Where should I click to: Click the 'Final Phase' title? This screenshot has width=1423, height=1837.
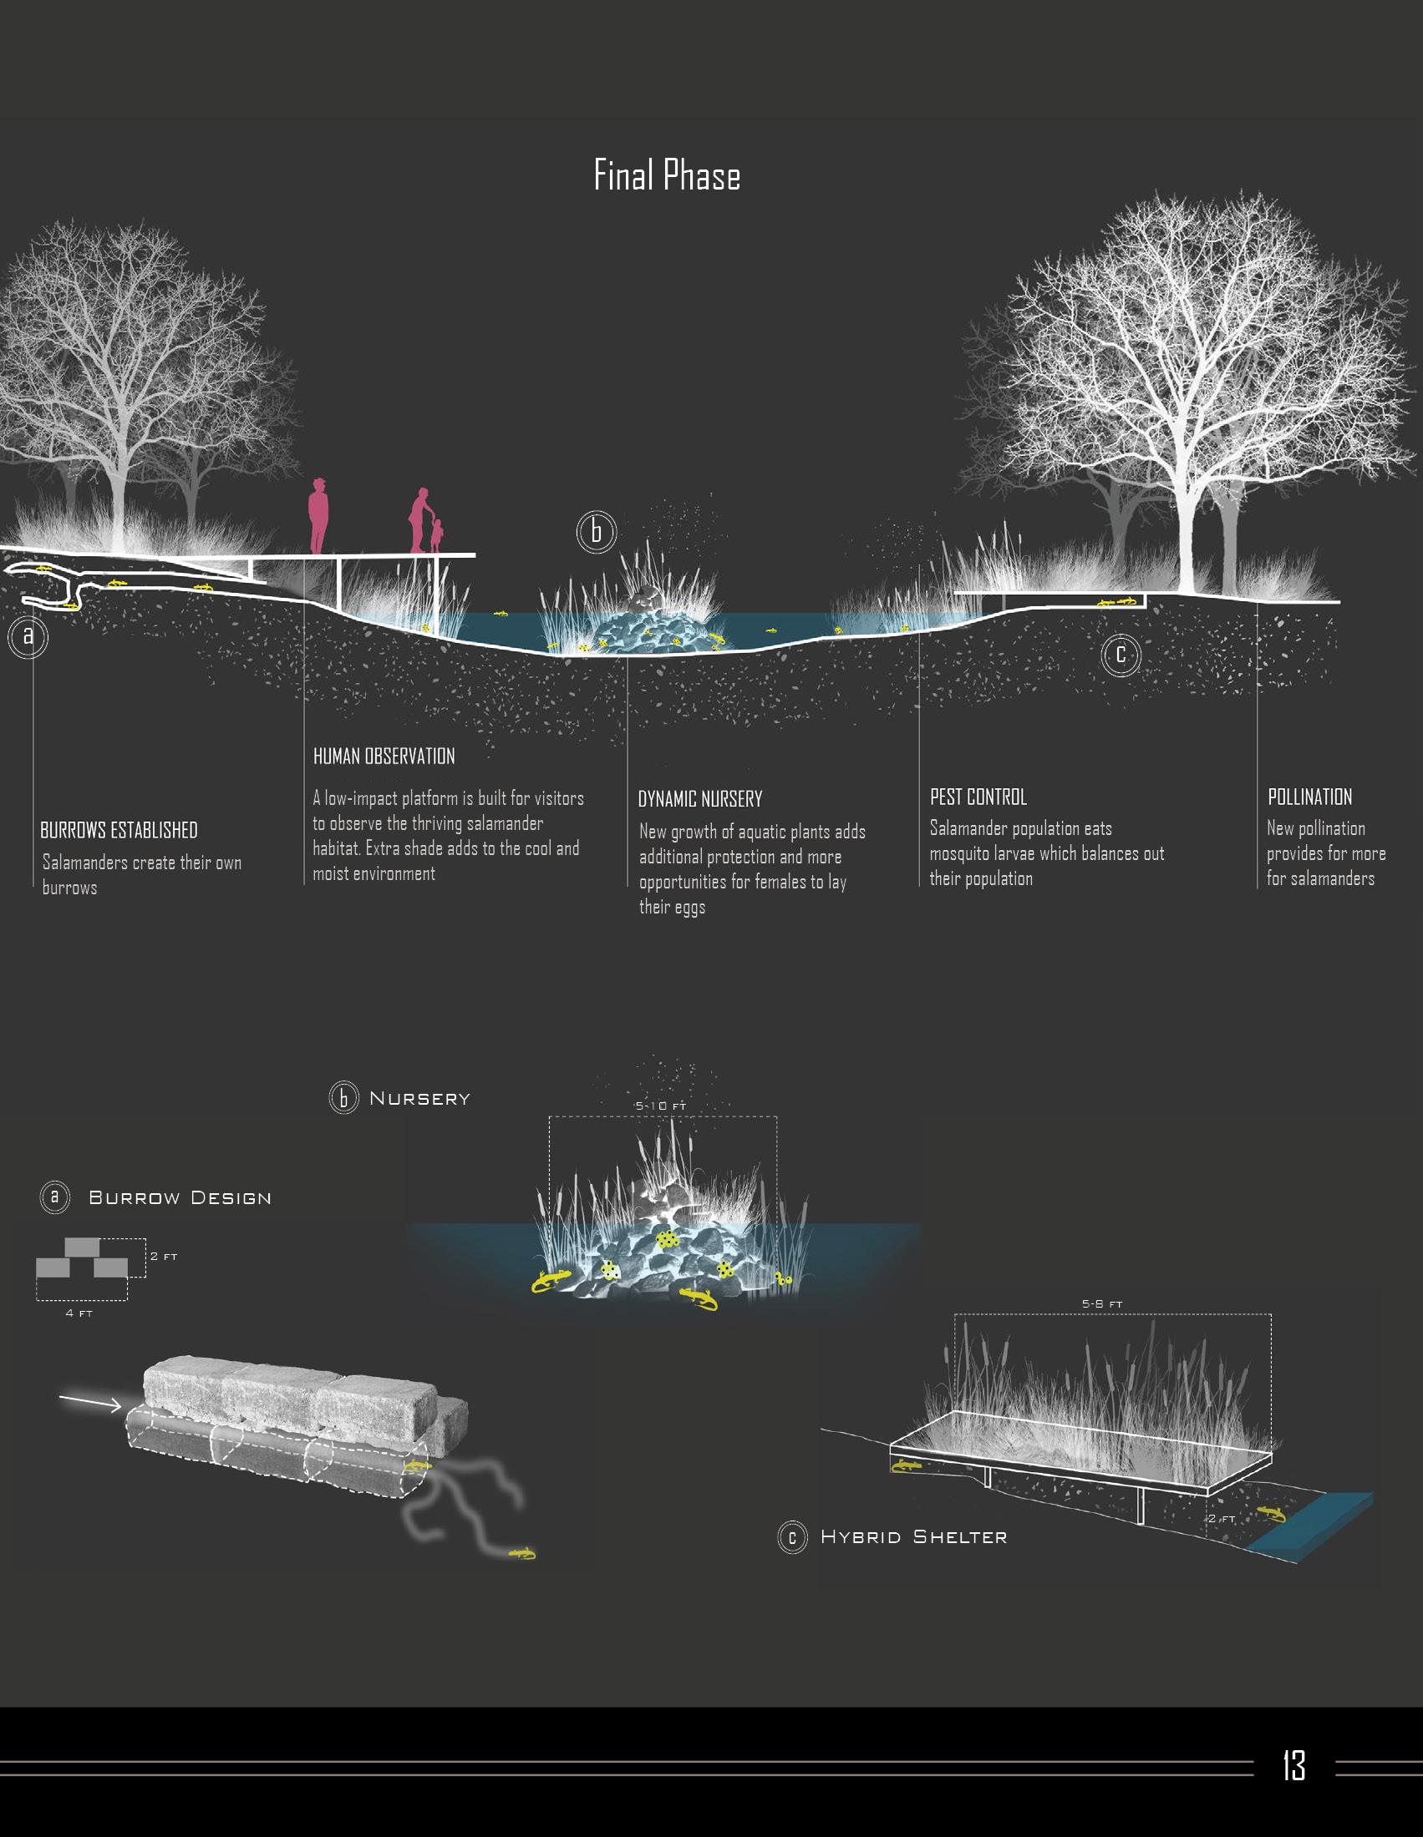(x=667, y=175)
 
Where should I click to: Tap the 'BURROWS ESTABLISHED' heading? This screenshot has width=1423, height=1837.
(x=119, y=830)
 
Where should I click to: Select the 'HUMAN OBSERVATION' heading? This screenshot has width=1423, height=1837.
(x=384, y=757)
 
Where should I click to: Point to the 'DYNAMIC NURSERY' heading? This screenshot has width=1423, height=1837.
(x=699, y=799)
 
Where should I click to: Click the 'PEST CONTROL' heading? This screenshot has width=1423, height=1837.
(x=978, y=797)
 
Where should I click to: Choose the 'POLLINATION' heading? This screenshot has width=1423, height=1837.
(x=1309, y=797)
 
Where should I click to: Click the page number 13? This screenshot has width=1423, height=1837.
(x=1293, y=1764)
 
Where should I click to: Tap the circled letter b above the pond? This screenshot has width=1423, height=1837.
(x=596, y=532)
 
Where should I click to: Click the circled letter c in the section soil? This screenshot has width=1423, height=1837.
(x=1120, y=655)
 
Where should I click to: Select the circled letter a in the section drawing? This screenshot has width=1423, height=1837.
(x=28, y=637)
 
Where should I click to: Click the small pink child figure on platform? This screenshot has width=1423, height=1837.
(x=436, y=536)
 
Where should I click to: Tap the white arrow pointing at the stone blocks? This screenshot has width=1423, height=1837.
(x=90, y=1401)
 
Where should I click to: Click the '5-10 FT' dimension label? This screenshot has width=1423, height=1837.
(x=661, y=1106)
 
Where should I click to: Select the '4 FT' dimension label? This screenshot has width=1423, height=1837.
(x=79, y=1313)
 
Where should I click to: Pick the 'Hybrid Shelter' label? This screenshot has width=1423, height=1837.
(x=913, y=1536)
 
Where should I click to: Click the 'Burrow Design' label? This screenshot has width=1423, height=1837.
(x=180, y=1197)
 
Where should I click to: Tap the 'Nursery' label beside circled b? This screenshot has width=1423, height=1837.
(x=419, y=1099)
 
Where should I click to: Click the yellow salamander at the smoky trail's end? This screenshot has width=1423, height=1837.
(x=522, y=1553)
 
